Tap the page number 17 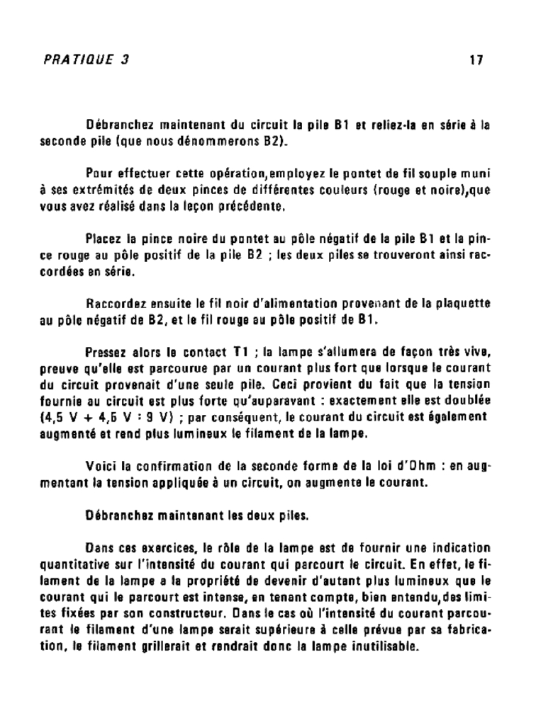[476, 60]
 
